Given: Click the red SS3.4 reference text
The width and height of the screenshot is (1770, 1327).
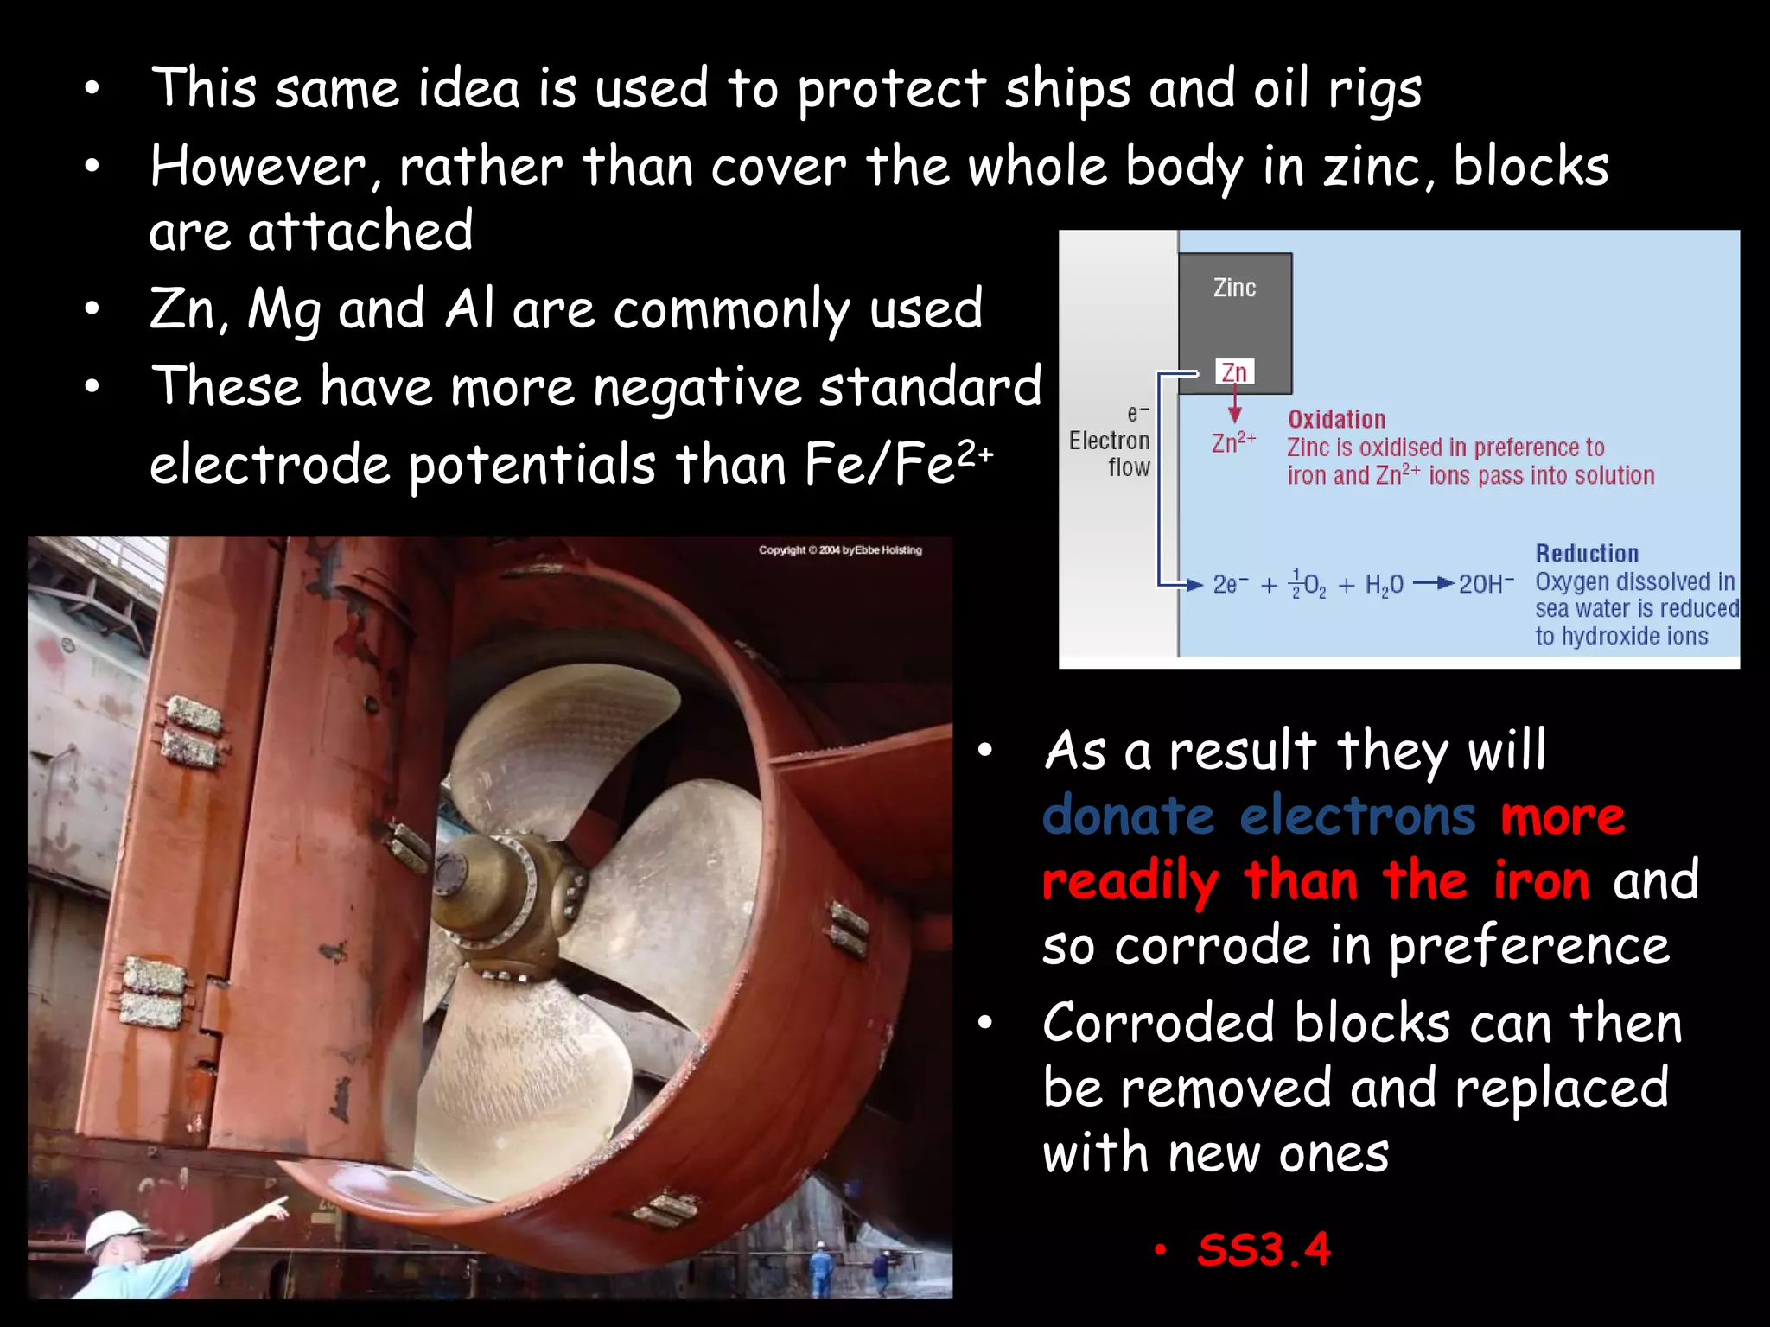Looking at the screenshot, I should coord(1264,1249).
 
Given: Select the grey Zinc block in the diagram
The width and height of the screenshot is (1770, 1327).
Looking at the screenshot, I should coord(1235,311).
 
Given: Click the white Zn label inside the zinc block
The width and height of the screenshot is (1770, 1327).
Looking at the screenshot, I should coord(1234,372).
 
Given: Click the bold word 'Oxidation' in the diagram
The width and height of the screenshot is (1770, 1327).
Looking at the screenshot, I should coord(1336,420).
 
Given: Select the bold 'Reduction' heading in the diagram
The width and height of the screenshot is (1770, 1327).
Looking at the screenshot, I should coord(1587,554).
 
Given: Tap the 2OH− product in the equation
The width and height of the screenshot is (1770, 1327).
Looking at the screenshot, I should coord(1486,585).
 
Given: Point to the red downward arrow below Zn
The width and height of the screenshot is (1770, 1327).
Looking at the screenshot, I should coord(1235,405).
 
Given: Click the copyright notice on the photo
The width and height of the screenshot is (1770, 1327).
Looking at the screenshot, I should coord(840,550).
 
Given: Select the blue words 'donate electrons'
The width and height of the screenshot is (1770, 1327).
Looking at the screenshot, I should coord(1259,816).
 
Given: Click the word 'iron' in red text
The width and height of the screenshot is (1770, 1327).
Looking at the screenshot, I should coord(1541,881).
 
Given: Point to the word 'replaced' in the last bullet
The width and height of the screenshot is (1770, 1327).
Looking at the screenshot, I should coord(1562,1089).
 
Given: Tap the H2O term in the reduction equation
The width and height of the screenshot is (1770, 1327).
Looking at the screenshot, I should coord(1384,586).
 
